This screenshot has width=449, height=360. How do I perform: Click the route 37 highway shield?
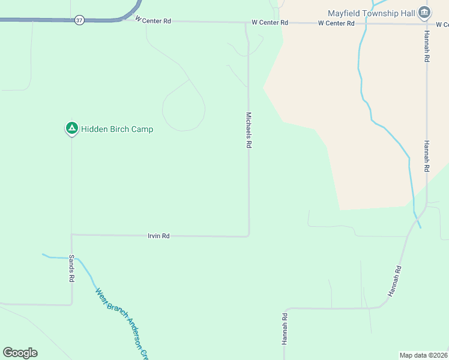pyautogui.click(x=79, y=20)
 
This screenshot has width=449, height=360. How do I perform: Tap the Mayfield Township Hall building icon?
pyautogui.click(x=424, y=13)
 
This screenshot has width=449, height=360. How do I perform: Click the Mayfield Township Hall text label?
pyautogui.click(x=372, y=13)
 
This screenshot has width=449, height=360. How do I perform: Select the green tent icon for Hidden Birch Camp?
pyautogui.click(x=71, y=128)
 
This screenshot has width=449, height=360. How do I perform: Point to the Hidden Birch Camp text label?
pyautogui.click(x=117, y=129)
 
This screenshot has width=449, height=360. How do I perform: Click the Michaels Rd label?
pyautogui.click(x=248, y=130)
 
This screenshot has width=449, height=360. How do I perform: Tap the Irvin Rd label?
pyautogui.click(x=158, y=236)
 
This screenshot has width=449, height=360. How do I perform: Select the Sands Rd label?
pyautogui.click(x=71, y=269)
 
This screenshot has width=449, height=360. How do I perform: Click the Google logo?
pyautogui.click(x=20, y=353)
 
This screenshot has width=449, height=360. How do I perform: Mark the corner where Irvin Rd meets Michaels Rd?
pyautogui.click(x=249, y=236)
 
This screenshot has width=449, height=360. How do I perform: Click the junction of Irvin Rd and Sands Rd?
pyautogui.click(x=71, y=235)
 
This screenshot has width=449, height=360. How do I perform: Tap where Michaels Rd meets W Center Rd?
pyautogui.click(x=246, y=23)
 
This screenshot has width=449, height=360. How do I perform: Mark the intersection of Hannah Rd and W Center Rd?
pyautogui.click(x=427, y=24)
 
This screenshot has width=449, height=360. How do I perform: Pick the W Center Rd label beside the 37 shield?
pyautogui.click(x=153, y=20)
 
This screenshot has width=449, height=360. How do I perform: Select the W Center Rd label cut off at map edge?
pyautogui.click(x=442, y=25)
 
